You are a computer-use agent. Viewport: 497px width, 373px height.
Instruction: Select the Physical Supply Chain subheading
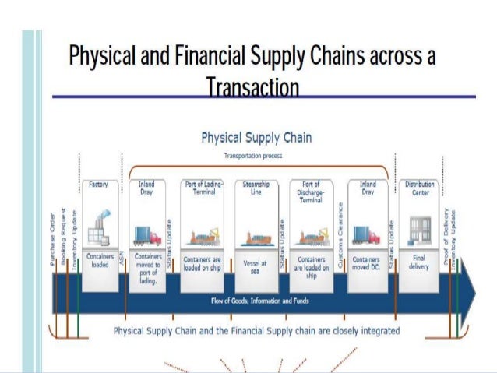point(256,138)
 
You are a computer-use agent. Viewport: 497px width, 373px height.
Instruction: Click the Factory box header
point(99,185)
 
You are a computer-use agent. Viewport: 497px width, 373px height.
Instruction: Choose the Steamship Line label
point(256,188)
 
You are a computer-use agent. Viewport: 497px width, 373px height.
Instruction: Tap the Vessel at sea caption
point(256,267)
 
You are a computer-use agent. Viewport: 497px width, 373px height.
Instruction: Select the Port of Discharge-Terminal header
point(311,192)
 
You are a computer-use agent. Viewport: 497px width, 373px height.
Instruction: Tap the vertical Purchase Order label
point(53,237)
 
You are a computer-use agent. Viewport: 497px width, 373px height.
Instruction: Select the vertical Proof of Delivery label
point(446,238)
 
